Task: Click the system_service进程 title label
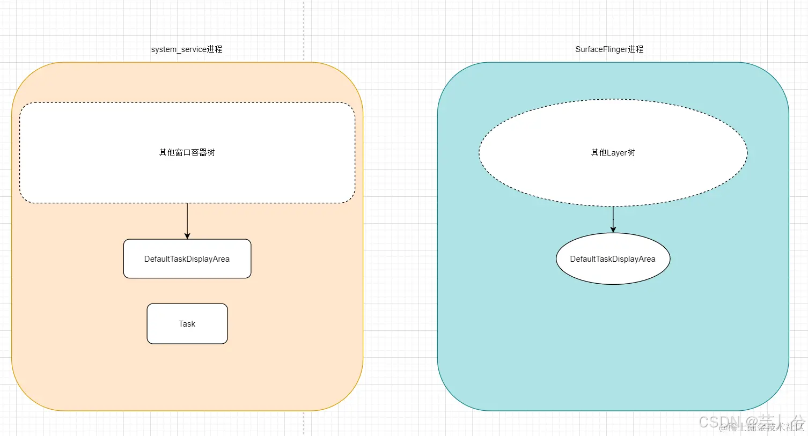click(x=187, y=49)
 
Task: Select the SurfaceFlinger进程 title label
click(x=609, y=49)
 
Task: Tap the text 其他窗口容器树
click(x=187, y=153)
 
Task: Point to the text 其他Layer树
click(x=613, y=153)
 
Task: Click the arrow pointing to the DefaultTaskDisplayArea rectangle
click(x=187, y=220)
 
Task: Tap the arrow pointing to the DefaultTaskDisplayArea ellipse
click(x=613, y=219)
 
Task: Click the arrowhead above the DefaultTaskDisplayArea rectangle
click(x=187, y=235)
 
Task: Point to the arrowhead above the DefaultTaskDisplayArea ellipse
click(x=613, y=230)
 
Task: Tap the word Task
click(x=187, y=324)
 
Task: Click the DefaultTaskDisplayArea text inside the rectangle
click(x=187, y=259)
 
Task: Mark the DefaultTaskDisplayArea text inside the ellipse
click(x=613, y=259)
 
